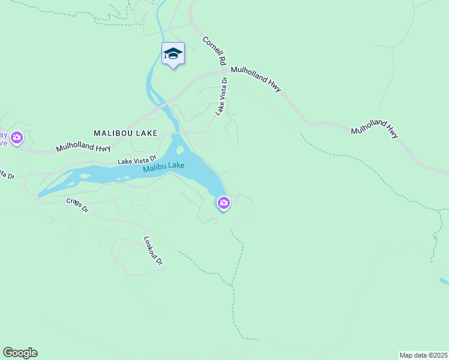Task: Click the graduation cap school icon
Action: (x=173, y=53)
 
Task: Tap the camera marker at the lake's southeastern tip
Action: (x=223, y=204)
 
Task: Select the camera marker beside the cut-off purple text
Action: (x=17, y=139)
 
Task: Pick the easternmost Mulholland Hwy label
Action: (x=375, y=131)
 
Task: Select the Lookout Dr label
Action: (x=154, y=250)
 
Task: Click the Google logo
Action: (x=20, y=353)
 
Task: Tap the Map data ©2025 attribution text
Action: (x=423, y=355)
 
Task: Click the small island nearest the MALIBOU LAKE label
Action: (x=179, y=149)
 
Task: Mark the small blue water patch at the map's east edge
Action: (x=444, y=281)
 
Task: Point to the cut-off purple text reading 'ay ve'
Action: (x=4, y=139)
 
